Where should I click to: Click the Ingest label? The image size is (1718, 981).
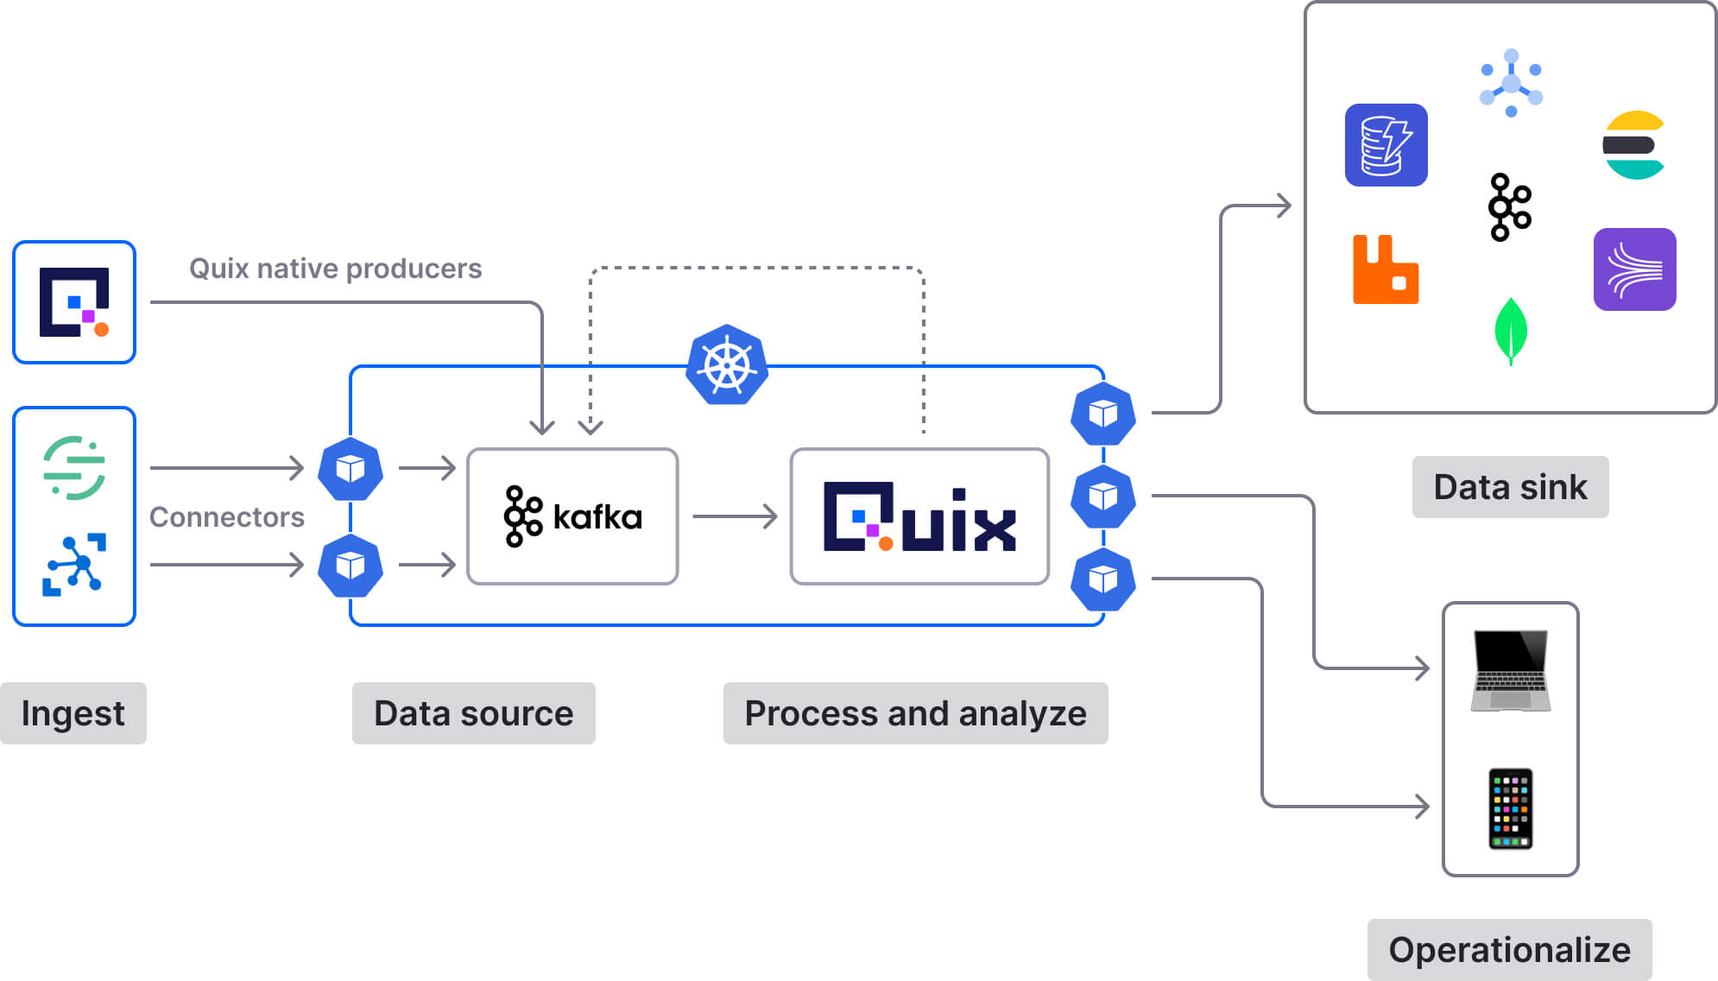pyautogui.click(x=73, y=713)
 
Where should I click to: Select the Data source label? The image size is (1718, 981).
pyautogui.click(x=473, y=713)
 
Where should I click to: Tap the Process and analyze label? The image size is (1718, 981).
pyautogui.click(x=915, y=713)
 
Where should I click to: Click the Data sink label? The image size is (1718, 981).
pyautogui.click(x=1510, y=487)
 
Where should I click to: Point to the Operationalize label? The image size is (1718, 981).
pyautogui.click(x=1509, y=949)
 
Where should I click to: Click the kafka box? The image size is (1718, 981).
pyautogui.click(x=572, y=516)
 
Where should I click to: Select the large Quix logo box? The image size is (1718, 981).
pyautogui.click(x=919, y=516)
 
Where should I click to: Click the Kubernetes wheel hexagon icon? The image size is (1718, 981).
pyautogui.click(x=727, y=365)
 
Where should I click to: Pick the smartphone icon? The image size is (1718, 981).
pyautogui.click(x=1511, y=808)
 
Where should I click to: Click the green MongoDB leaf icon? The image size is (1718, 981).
pyautogui.click(x=1511, y=331)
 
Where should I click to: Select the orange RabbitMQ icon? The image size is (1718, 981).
pyautogui.click(x=1386, y=269)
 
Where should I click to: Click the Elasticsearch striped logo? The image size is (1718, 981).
pyautogui.click(x=1633, y=145)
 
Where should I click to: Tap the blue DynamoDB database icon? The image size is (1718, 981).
pyautogui.click(x=1386, y=145)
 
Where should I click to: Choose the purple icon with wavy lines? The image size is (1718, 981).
pyautogui.click(x=1634, y=269)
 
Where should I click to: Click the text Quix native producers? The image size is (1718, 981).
pyautogui.click(x=335, y=269)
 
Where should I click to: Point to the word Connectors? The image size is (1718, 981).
pyautogui.click(x=226, y=517)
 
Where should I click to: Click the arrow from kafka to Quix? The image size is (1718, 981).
pyautogui.click(x=734, y=516)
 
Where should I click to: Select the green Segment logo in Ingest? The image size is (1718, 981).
pyautogui.click(x=74, y=468)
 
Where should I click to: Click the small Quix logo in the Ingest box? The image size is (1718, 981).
pyautogui.click(x=74, y=302)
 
